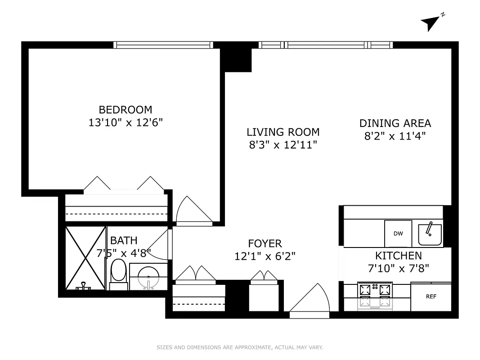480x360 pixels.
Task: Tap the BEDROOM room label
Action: pos(126,110)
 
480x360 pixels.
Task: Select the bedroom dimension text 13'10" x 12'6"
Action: pos(126,123)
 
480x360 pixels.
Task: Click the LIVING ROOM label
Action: pos(283,132)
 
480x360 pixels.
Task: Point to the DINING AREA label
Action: pos(395,123)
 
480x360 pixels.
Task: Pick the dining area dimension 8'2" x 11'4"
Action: pos(395,136)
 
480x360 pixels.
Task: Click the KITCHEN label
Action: pos(399,256)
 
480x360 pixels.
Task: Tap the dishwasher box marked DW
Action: pos(398,234)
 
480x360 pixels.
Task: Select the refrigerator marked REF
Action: pos(431,297)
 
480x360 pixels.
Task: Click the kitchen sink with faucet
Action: pos(430,234)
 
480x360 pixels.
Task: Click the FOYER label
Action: pos(265,244)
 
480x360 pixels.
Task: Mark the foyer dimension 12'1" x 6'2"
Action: pos(265,256)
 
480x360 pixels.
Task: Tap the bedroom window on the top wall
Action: pos(163,45)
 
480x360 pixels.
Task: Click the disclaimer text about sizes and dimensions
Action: pos(240,347)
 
